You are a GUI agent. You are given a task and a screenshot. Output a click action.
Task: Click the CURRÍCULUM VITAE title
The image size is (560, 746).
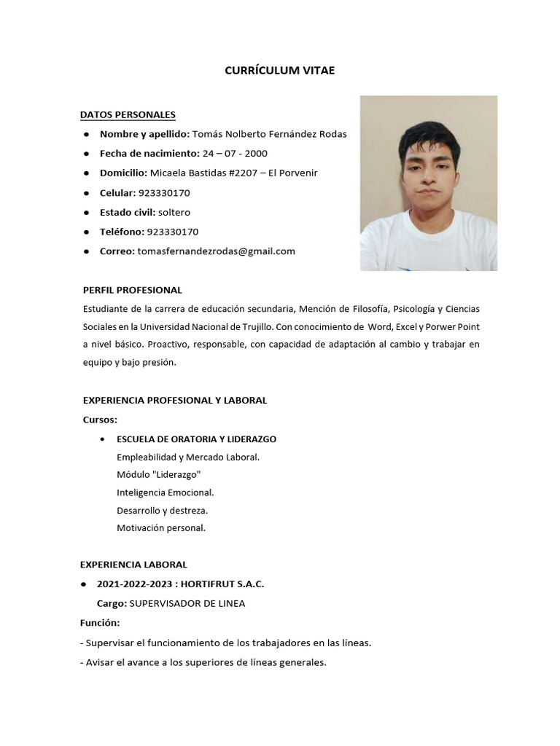(x=279, y=70)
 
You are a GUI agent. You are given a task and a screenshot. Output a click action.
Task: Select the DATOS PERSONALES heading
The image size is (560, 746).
(x=128, y=114)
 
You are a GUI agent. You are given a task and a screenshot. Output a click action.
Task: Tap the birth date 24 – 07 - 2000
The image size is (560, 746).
(x=235, y=154)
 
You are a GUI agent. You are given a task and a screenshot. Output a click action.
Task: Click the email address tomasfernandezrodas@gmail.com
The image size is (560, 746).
(x=216, y=251)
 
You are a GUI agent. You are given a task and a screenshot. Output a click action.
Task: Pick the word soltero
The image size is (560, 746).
(x=174, y=212)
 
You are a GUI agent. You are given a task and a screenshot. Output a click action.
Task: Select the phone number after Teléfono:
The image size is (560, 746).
(x=173, y=232)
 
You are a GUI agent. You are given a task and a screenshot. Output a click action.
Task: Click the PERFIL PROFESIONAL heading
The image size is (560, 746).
(x=132, y=290)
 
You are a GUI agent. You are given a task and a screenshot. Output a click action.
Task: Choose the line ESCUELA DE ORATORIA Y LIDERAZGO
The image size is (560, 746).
(x=196, y=439)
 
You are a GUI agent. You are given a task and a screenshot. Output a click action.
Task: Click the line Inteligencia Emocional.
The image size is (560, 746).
(x=165, y=492)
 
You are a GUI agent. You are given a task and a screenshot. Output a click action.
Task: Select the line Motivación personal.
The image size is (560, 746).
(x=161, y=528)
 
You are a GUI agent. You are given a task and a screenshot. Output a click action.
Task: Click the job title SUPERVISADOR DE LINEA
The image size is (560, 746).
(x=187, y=603)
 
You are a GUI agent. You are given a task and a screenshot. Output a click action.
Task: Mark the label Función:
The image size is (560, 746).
(x=100, y=624)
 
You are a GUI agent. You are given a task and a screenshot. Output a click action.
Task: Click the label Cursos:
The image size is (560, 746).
(x=100, y=420)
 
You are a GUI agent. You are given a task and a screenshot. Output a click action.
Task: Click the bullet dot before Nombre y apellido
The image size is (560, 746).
(x=86, y=134)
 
